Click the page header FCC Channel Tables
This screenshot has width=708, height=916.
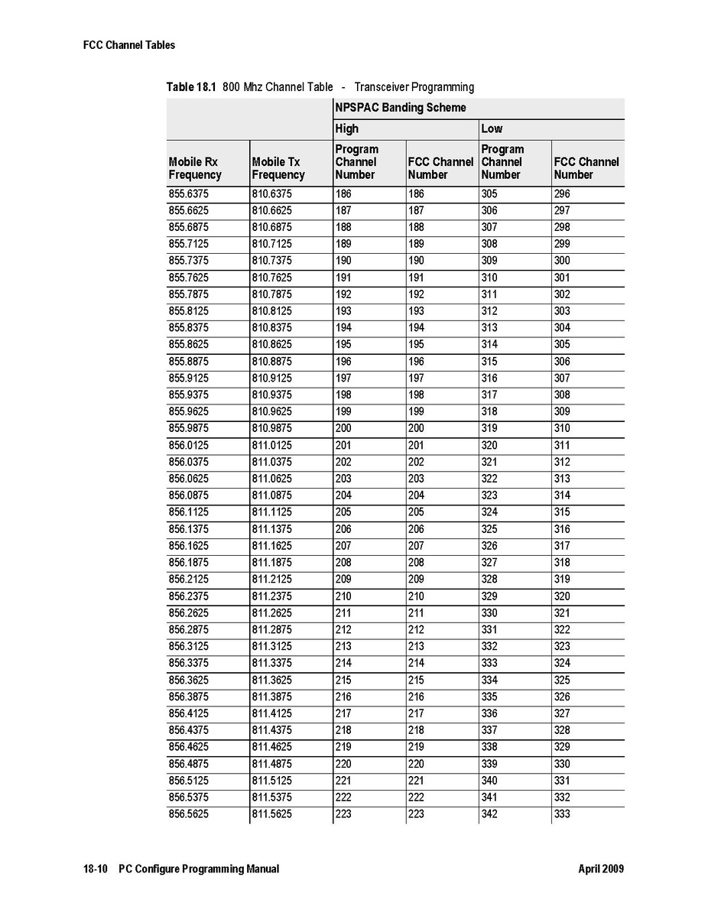pyautogui.click(x=128, y=45)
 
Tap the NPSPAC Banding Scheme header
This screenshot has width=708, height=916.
pyautogui.click(x=400, y=108)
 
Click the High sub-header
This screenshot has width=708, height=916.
pyautogui.click(x=346, y=128)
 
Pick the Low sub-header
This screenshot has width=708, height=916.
pyautogui.click(x=492, y=128)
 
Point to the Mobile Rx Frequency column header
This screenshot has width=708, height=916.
pyautogui.click(x=195, y=168)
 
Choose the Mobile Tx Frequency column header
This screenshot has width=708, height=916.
pyautogui.click(x=278, y=168)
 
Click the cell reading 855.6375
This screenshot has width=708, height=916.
pyautogui.click(x=188, y=194)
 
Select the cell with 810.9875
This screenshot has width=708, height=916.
pyautogui.click(x=271, y=429)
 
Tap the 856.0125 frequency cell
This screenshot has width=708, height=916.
pyautogui.click(x=188, y=446)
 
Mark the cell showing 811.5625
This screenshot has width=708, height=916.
pyautogui.click(x=271, y=814)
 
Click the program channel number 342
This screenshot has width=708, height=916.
pyautogui.click(x=489, y=814)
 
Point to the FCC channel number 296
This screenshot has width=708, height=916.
pyautogui.click(x=562, y=194)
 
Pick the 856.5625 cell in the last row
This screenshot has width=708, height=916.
pyautogui.click(x=188, y=814)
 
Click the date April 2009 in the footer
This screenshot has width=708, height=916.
pyautogui.click(x=601, y=869)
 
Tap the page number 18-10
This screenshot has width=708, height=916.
pyautogui.click(x=96, y=869)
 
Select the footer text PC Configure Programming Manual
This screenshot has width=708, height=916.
pyautogui.click(x=199, y=869)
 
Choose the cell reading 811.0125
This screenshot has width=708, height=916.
pyautogui.click(x=271, y=446)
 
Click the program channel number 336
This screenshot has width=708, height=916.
pyautogui.click(x=489, y=713)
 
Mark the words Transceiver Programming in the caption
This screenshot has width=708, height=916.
pyautogui.click(x=414, y=87)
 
